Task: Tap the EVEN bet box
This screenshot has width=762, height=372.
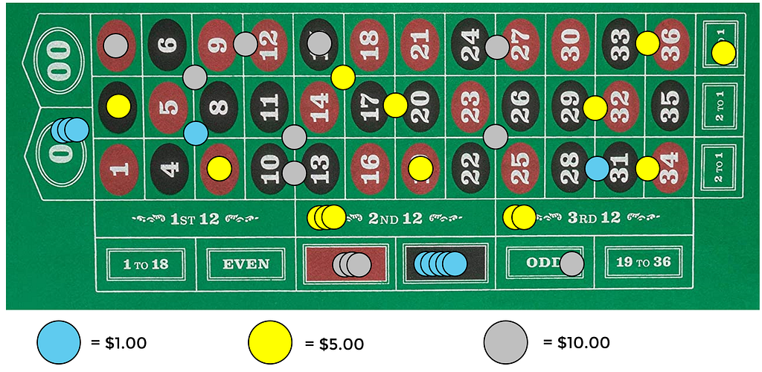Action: point(246,263)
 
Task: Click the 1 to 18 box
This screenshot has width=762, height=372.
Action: point(145,263)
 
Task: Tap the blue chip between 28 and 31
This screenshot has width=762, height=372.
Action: point(597,168)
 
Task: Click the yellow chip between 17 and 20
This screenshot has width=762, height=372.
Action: point(395,106)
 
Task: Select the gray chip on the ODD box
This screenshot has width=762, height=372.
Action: point(571,263)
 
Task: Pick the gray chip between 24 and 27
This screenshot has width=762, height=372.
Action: point(496,47)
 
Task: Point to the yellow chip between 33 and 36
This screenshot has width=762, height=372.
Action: point(647,43)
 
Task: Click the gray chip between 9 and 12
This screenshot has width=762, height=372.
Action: point(245,44)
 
